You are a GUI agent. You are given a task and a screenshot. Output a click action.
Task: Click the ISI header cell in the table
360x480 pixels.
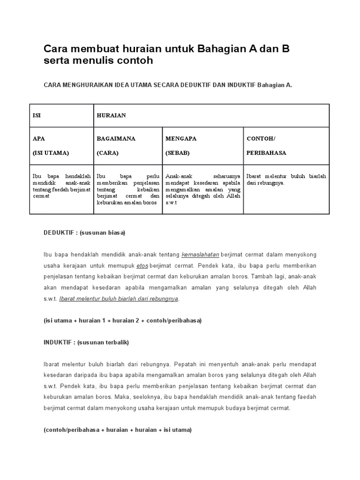point(37,115)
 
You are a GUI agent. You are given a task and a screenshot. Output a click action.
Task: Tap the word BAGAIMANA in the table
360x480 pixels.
point(116,139)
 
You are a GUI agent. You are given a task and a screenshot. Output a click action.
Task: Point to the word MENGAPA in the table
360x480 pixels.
point(181,139)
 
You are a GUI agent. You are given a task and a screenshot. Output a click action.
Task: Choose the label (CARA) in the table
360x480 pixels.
point(108,153)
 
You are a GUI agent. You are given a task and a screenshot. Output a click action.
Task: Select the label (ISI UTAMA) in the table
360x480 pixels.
point(51,153)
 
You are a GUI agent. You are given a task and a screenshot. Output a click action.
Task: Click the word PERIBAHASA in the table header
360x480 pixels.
point(266,153)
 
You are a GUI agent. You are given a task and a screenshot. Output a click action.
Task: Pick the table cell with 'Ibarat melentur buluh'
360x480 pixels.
point(286,179)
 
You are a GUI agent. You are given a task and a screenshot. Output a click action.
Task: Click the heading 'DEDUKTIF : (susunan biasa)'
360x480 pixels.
point(84,233)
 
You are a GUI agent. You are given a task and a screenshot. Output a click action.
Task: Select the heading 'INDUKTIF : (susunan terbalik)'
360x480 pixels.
point(86,342)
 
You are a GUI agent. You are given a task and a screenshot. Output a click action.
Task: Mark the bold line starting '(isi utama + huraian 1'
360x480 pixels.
point(122,321)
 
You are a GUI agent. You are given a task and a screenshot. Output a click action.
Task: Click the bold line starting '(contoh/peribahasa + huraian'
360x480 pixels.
point(118,430)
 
